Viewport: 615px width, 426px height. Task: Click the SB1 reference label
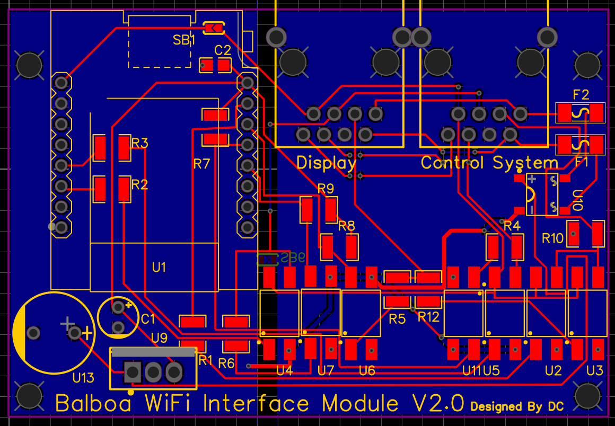click(x=184, y=40)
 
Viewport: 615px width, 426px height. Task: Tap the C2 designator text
click(x=223, y=50)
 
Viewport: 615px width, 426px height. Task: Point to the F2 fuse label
click(x=581, y=95)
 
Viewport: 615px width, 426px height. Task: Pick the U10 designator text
click(x=577, y=201)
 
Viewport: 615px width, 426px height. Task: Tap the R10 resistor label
click(x=552, y=238)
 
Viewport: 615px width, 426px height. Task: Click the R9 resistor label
click(x=326, y=188)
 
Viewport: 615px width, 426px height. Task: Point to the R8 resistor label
click(x=346, y=226)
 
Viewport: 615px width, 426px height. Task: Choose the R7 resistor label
click(x=201, y=164)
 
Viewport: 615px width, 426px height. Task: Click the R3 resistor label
click(x=139, y=143)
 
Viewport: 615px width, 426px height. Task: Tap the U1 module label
click(x=159, y=268)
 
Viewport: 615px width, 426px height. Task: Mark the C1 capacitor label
click(x=148, y=319)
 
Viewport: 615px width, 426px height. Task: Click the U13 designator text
click(x=83, y=378)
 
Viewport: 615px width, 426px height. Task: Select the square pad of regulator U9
click(x=131, y=372)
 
